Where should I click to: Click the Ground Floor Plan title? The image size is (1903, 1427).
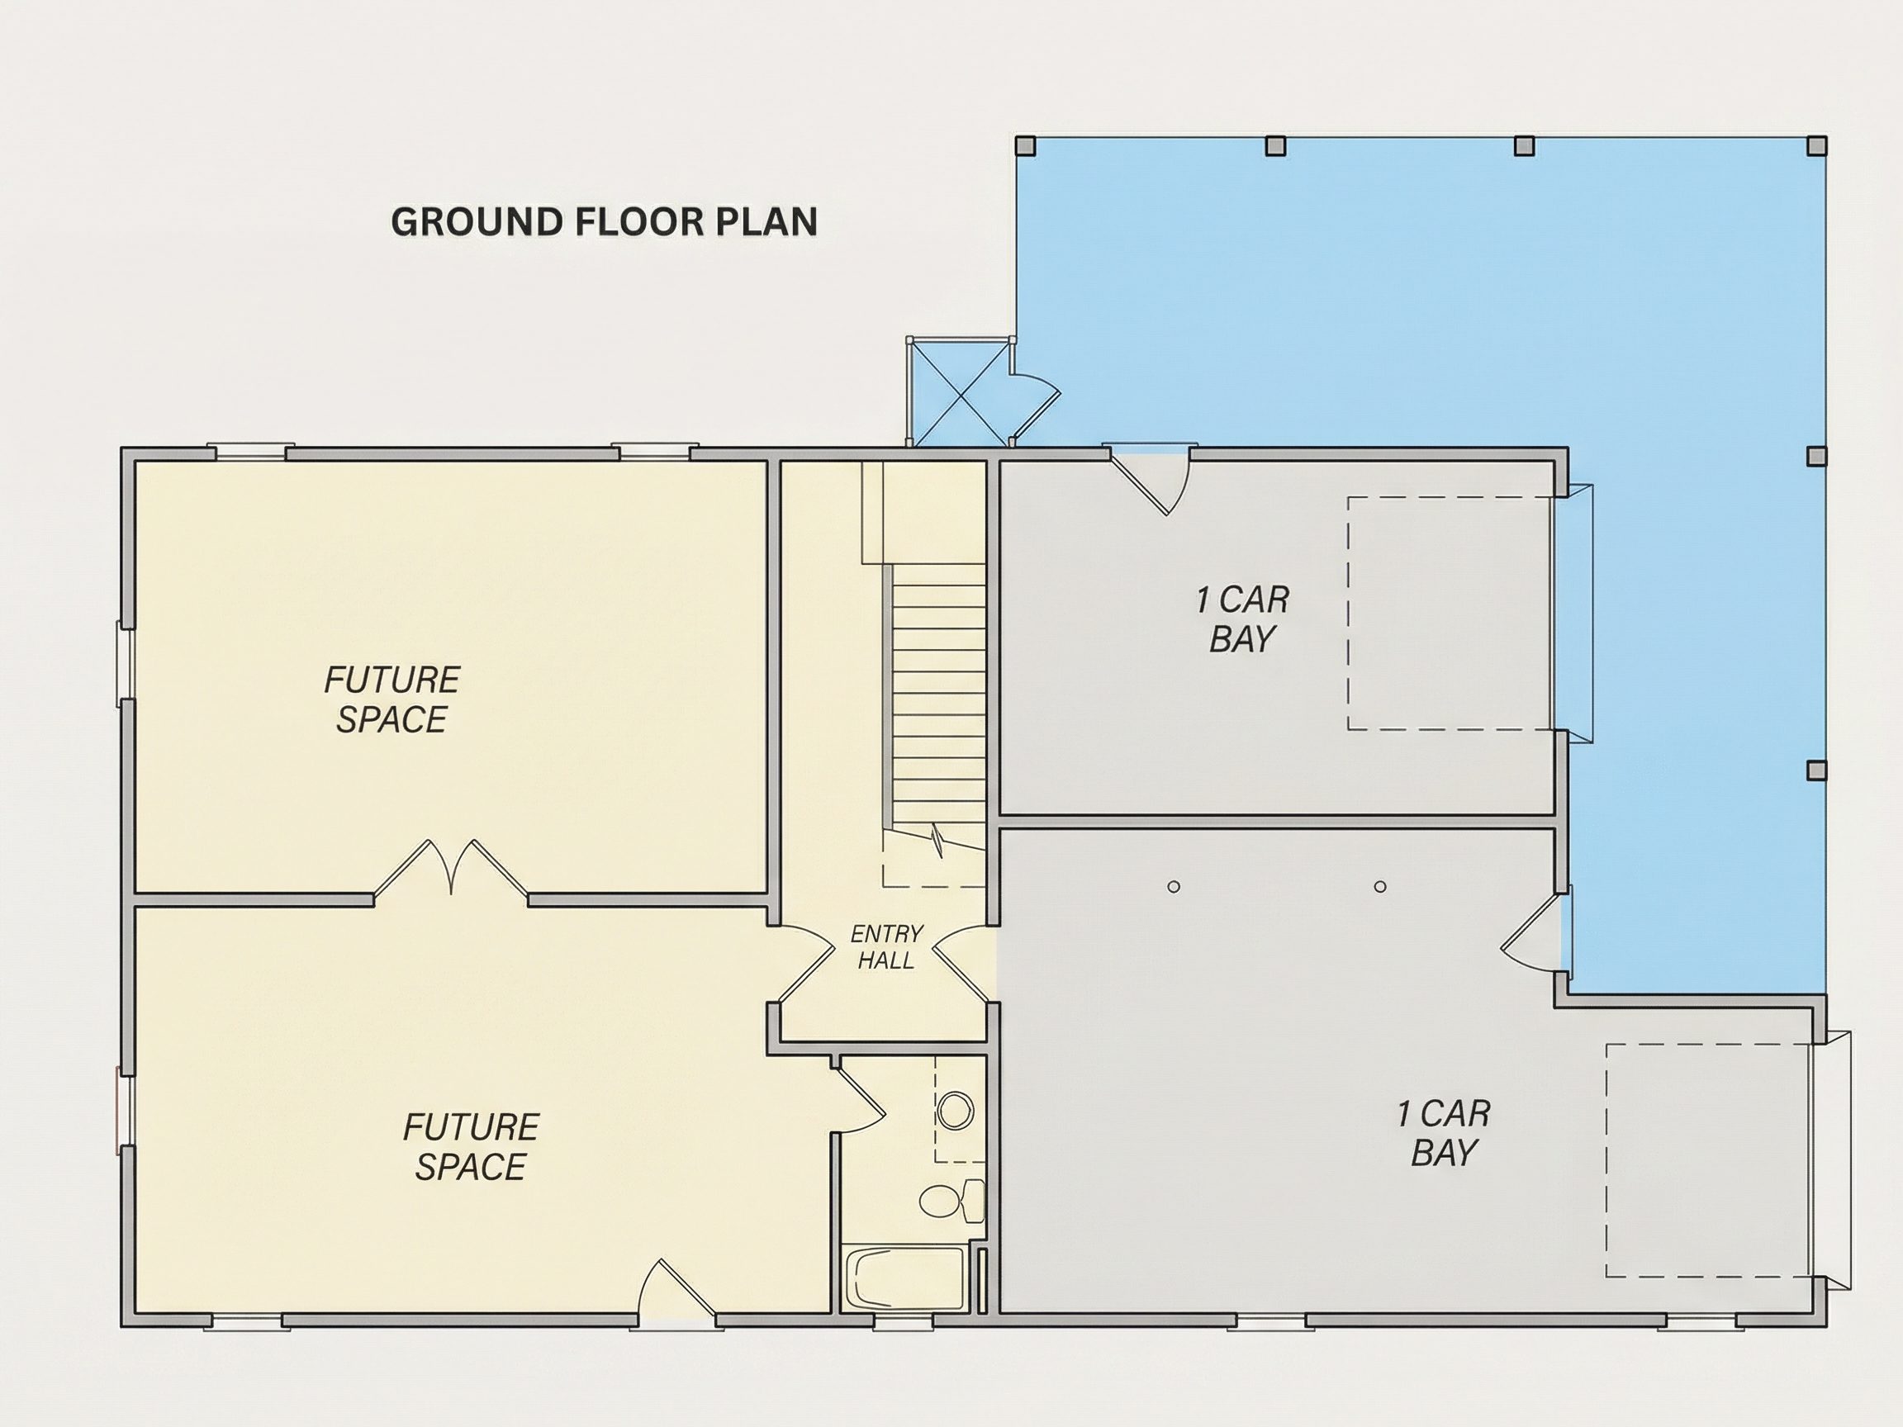604,222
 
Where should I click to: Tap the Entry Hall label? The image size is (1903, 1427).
886,946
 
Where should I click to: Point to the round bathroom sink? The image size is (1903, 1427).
955,1111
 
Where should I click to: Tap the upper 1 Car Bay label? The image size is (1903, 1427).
1242,619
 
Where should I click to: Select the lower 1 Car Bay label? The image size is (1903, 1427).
1443,1133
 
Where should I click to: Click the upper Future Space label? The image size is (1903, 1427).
392,699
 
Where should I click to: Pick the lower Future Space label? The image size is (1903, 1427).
471,1146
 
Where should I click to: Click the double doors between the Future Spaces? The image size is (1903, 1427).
450,870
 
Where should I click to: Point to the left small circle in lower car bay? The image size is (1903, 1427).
1174,887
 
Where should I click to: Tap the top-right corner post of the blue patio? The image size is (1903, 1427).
1816,145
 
